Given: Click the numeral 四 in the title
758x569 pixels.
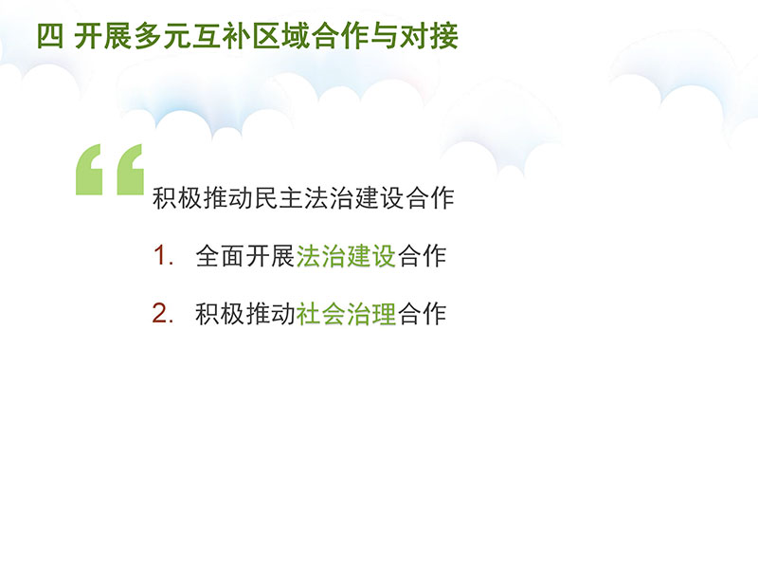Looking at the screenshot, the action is pos(50,36).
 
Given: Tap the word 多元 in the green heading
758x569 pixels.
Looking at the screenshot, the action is pos(162,36).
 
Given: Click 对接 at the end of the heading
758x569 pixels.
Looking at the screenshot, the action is pos(429,36).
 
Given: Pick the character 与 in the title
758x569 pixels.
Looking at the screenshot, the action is pos(384,36).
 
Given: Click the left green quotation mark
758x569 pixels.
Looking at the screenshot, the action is pos(89,170).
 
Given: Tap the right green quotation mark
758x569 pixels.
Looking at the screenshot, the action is pos(131,170).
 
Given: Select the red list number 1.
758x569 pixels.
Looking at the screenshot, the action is pos(161,255).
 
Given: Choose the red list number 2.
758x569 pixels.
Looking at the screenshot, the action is pos(161,313).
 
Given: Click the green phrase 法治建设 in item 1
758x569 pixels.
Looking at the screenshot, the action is pos(346,256).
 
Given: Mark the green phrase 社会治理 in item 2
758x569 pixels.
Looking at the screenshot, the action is pos(346,314).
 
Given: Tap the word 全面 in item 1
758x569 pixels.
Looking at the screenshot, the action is pos(220,256).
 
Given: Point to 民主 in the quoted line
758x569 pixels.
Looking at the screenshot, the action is pos(278,198).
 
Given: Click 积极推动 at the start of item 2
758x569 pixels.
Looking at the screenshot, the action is pos(245,314).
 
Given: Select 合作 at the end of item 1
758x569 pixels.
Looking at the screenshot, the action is pos(422,256).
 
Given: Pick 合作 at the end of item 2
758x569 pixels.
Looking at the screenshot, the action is pos(422,314).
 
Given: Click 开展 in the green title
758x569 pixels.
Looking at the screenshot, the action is pos(103,36).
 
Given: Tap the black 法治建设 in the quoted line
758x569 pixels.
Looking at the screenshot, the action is pos(353,198).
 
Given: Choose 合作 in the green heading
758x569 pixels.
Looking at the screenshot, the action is pos(340,36).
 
